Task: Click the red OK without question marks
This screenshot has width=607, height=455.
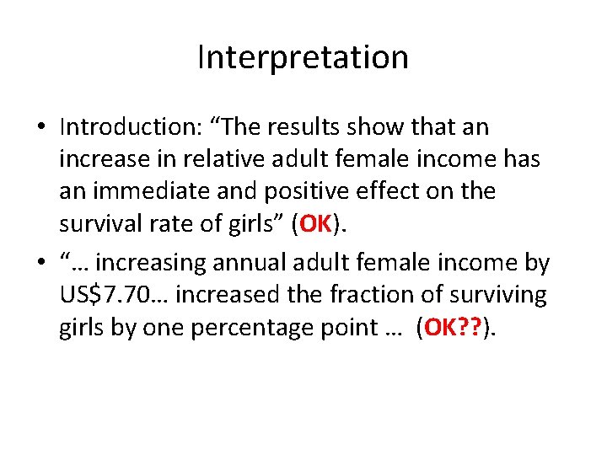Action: (316, 224)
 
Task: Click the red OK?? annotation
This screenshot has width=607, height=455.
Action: (454, 327)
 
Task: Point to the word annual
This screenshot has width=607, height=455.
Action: (247, 263)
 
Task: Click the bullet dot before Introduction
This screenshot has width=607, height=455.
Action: (41, 128)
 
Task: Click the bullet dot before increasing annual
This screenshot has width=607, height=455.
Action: (41, 263)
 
